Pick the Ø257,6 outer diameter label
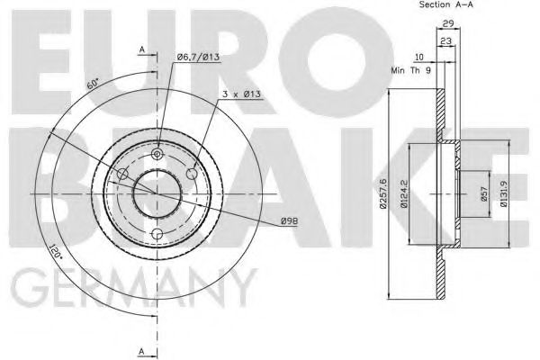382,194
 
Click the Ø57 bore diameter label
482,194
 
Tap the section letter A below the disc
140,349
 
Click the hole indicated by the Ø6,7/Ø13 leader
157,154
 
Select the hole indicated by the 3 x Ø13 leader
191,174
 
